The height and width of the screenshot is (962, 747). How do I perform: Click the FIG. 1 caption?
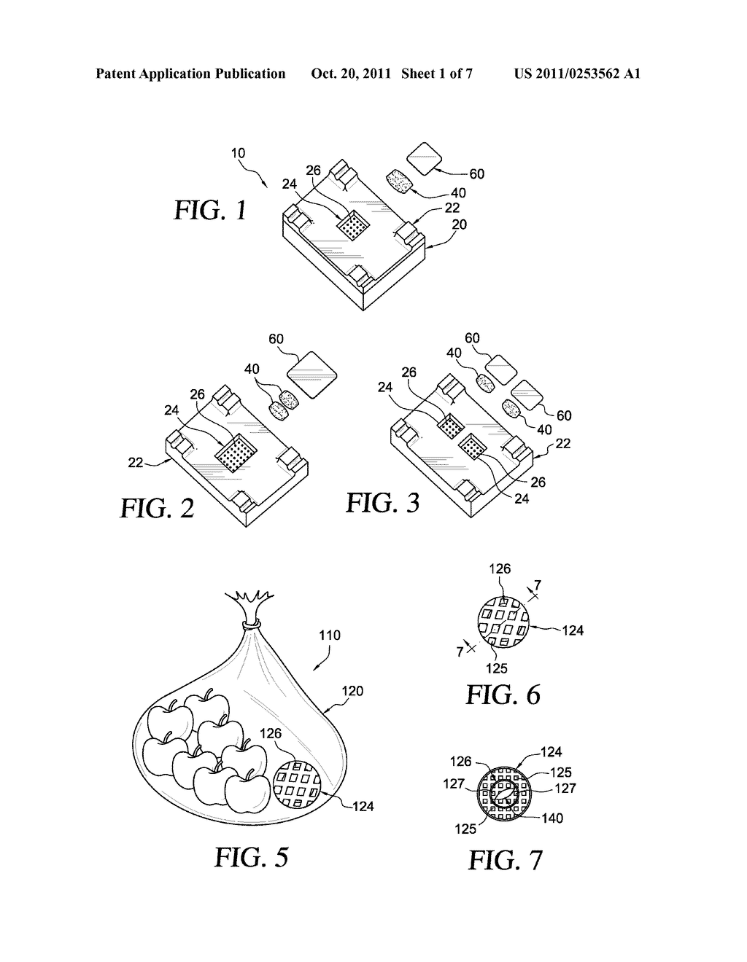pos(209,211)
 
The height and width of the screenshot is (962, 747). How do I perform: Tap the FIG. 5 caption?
pos(251,856)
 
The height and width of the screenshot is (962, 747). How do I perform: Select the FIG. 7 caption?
pos(505,860)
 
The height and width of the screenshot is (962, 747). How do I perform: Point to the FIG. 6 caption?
pos(503,695)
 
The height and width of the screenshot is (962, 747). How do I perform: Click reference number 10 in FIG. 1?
pos(238,154)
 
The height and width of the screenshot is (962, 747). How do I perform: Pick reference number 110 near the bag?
pos(330,636)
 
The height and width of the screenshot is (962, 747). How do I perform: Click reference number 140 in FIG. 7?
pos(552,818)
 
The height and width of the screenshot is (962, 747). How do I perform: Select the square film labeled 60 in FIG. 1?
pos(423,157)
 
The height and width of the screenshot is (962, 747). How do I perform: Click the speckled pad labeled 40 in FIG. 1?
pos(400,180)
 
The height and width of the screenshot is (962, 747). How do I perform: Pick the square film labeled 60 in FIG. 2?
pos(310,375)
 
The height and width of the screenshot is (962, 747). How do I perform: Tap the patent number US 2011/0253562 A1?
pos(577,74)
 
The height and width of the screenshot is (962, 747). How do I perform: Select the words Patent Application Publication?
pos(190,74)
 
